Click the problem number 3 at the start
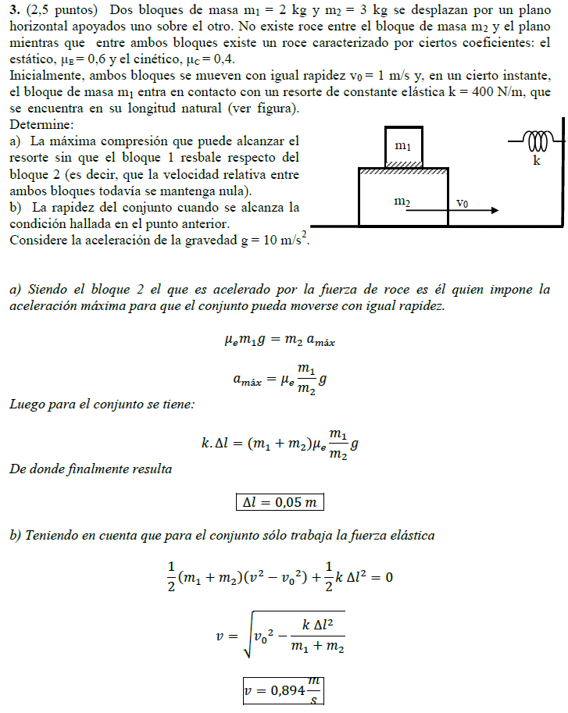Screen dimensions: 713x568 tap(13, 10)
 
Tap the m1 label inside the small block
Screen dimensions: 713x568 tap(403, 145)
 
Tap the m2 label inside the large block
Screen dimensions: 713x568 tap(402, 202)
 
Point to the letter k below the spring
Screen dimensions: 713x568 tap(536, 160)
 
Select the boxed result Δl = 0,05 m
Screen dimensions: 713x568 tap(279, 502)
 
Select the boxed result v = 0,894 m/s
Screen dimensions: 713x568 tap(283, 690)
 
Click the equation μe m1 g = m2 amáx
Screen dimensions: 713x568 tap(279, 340)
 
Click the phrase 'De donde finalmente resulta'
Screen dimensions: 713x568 tap(91, 469)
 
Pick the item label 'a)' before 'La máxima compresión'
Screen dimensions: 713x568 tap(16, 141)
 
